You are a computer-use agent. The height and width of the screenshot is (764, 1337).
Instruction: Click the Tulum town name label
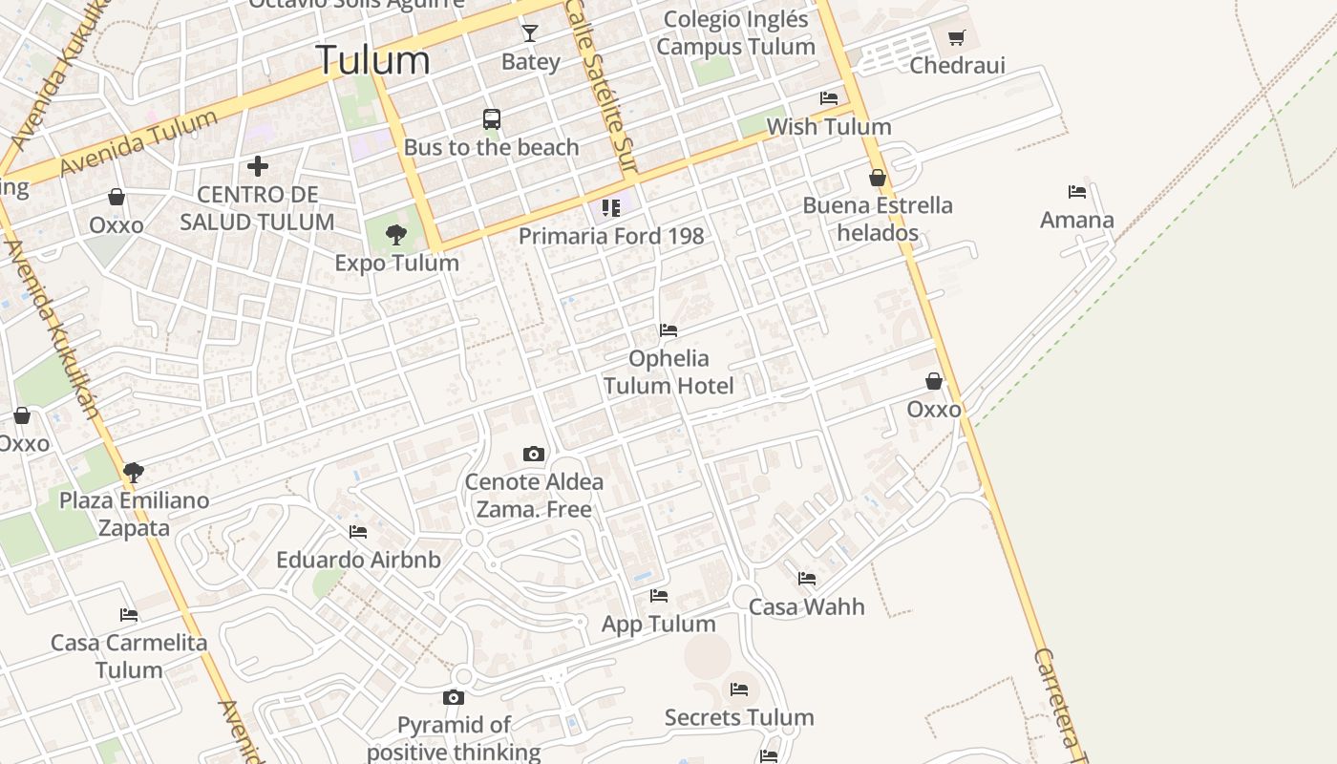pyautogui.click(x=372, y=60)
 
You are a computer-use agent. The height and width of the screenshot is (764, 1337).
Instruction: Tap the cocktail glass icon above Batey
pyautogui.click(x=530, y=33)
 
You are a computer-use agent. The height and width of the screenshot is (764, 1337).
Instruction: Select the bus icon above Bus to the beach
pyautogui.click(x=492, y=119)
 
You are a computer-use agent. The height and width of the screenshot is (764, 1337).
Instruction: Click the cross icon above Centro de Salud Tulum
pyautogui.click(x=257, y=166)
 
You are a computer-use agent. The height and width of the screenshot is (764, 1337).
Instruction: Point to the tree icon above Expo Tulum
pyautogui.click(x=396, y=234)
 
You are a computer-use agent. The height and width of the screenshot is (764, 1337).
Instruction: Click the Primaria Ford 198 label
pyautogui.click(x=611, y=236)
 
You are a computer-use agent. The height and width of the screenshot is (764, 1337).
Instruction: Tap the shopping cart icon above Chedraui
pyautogui.click(x=957, y=37)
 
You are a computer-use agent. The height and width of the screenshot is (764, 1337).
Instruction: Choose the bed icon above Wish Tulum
pyautogui.click(x=829, y=97)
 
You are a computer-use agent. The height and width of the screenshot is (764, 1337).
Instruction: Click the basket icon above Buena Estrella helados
pyautogui.click(x=878, y=178)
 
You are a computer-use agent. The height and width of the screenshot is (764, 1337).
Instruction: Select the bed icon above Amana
pyautogui.click(x=1077, y=191)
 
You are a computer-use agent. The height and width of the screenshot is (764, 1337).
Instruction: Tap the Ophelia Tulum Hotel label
pyautogui.click(x=668, y=371)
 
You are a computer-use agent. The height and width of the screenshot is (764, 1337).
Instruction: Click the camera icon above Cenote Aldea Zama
pyautogui.click(x=534, y=454)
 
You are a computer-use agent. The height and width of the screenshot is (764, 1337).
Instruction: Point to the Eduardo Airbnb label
pyautogui.click(x=358, y=560)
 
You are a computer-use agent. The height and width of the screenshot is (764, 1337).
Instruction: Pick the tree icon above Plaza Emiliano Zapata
pyautogui.click(x=134, y=472)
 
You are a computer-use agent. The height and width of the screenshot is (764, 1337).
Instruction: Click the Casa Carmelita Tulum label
pyautogui.click(x=129, y=656)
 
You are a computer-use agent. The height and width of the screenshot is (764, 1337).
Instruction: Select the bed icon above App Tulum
pyautogui.click(x=659, y=596)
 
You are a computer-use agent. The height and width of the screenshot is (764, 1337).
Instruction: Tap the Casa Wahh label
pyautogui.click(x=807, y=606)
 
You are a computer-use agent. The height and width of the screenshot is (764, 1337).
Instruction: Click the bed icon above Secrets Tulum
pyautogui.click(x=739, y=689)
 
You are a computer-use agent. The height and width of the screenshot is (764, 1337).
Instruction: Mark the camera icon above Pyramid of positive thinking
pyautogui.click(x=454, y=698)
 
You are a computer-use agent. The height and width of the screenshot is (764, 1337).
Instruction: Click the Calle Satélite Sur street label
pyautogui.click(x=601, y=86)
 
